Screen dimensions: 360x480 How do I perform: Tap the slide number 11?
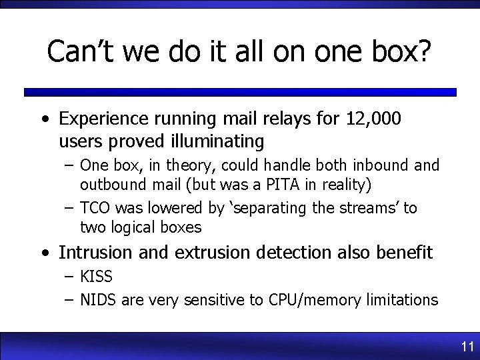[467, 347]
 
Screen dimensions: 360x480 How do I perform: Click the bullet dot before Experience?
[44, 120]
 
